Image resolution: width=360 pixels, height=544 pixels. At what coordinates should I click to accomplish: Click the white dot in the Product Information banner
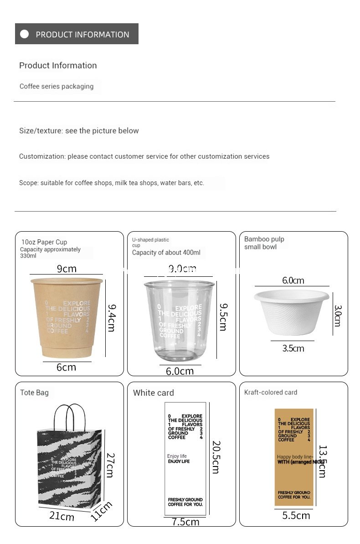point(25,34)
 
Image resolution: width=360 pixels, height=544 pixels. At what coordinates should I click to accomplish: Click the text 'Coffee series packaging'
point(57,86)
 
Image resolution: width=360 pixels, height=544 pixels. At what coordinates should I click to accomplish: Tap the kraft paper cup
point(67,316)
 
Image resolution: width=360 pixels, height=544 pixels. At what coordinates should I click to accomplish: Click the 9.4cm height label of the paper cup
point(111,317)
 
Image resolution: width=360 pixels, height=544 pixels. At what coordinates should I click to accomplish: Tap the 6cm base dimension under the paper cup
point(67,367)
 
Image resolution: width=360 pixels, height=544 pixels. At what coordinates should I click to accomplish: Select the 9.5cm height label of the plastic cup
point(223,317)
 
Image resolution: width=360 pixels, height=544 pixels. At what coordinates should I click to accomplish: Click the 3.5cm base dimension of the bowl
point(293,348)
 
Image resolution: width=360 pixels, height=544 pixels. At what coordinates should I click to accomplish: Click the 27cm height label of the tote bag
point(110,465)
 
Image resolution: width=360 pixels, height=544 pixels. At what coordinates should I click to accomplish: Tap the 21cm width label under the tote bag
point(62,516)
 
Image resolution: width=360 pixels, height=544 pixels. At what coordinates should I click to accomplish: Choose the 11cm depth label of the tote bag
point(101,511)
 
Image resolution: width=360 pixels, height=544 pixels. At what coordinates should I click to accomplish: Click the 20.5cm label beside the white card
point(216,457)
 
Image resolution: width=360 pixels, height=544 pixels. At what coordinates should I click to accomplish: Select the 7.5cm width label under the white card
point(185,522)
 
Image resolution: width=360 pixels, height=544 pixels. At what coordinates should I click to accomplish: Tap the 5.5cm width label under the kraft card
point(296,516)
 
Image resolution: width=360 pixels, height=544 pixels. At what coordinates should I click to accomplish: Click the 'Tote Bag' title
point(34,393)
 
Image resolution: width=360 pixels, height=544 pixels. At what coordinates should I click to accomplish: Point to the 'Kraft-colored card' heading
point(271,392)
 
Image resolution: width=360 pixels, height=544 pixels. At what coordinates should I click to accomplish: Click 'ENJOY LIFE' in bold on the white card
point(179,461)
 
